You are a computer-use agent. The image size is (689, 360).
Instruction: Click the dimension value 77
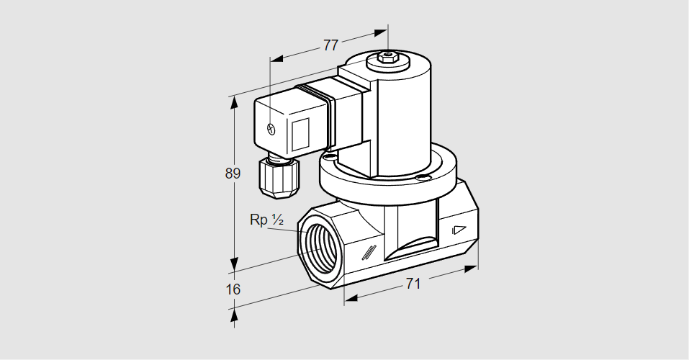point(330,45)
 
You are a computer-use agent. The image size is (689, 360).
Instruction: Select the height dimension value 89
point(232,174)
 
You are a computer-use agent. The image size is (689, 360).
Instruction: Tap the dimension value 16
point(232,289)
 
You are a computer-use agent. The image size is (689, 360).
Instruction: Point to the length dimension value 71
point(411,284)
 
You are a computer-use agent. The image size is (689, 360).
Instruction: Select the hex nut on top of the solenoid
point(388,57)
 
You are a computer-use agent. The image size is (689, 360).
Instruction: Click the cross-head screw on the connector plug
point(271,130)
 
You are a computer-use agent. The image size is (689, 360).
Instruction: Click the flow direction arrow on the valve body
point(458,231)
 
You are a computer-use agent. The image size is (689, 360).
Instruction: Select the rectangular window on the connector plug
point(300,132)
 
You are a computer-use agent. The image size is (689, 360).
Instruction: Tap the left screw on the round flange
point(330,156)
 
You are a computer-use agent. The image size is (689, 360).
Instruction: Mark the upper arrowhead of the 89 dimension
point(233,102)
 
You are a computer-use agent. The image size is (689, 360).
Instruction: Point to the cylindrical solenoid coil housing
point(403,115)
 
